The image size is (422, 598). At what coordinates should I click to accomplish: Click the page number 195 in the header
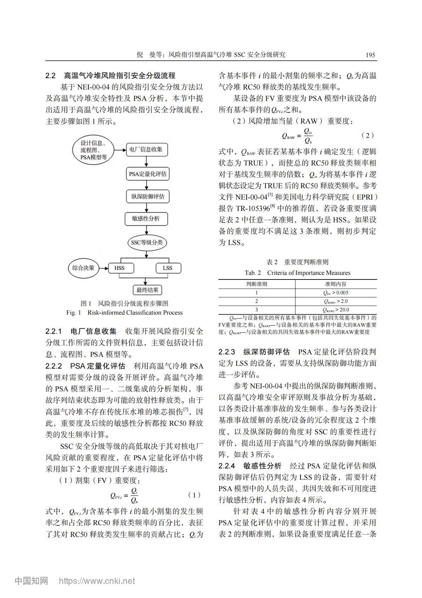coord(370,55)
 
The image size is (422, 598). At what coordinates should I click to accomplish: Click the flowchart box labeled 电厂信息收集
coord(146,150)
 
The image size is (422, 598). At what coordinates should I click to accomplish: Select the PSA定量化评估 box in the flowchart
coord(147,174)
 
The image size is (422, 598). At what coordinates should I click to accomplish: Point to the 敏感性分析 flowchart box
coord(146,219)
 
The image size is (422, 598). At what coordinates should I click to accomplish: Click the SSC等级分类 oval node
coord(146,243)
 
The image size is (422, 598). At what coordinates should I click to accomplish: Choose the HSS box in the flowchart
coord(120,268)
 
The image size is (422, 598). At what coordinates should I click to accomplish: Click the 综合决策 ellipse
coord(83,268)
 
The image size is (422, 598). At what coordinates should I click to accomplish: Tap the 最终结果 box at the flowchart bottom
coord(147,290)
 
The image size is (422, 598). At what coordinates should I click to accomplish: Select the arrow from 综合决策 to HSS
coord(103,268)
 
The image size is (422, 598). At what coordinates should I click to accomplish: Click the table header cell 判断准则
coord(257,284)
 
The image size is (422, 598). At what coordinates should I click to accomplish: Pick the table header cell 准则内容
coord(335,284)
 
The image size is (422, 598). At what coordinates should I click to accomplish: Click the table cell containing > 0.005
coord(335,293)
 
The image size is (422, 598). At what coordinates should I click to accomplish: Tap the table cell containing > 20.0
coord(335,310)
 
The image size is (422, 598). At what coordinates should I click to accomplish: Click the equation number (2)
coord(367,135)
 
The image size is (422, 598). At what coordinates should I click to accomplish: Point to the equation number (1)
coord(194,495)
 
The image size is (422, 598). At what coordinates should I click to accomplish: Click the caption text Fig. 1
coord(74,313)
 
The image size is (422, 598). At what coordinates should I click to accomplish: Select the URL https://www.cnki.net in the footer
coord(97,581)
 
